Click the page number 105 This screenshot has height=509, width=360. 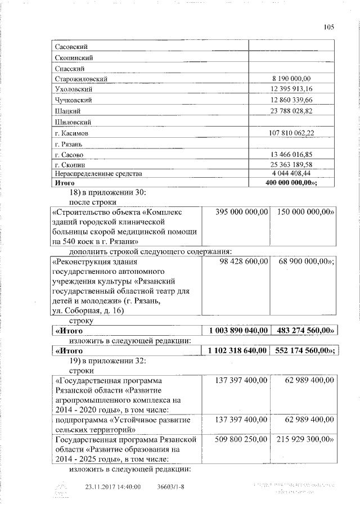coord(329,27)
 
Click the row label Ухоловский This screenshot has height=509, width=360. coord(73,89)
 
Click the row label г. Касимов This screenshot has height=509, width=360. coord(71,134)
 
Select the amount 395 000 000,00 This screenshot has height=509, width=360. coord(241,211)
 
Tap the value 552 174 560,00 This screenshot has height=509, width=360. coord(306,350)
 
